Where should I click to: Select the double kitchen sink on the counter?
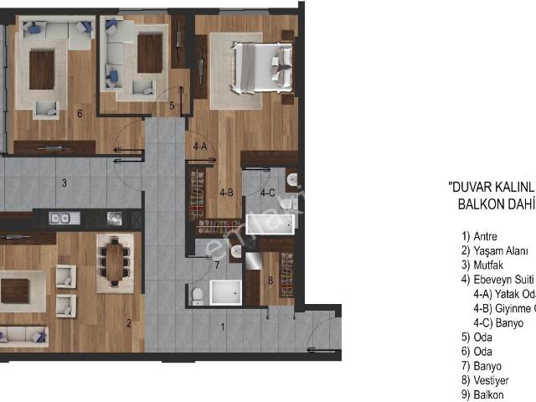(x=59, y=219)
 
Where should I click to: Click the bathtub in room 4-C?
(x=268, y=224)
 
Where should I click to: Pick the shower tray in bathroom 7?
(x=225, y=293)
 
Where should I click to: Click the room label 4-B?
(x=226, y=192)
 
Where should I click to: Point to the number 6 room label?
(x=79, y=114)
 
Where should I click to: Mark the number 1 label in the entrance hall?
(x=222, y=327)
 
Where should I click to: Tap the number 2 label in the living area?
(x=128, y=322)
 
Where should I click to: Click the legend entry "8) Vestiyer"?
(x=487, y=380)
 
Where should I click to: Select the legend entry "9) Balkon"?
(x=483, y=394)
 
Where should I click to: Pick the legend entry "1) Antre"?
(x=479, y=236)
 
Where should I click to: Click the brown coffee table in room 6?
(x=42, y=70)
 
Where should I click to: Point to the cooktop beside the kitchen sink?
(x=113, y=219)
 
